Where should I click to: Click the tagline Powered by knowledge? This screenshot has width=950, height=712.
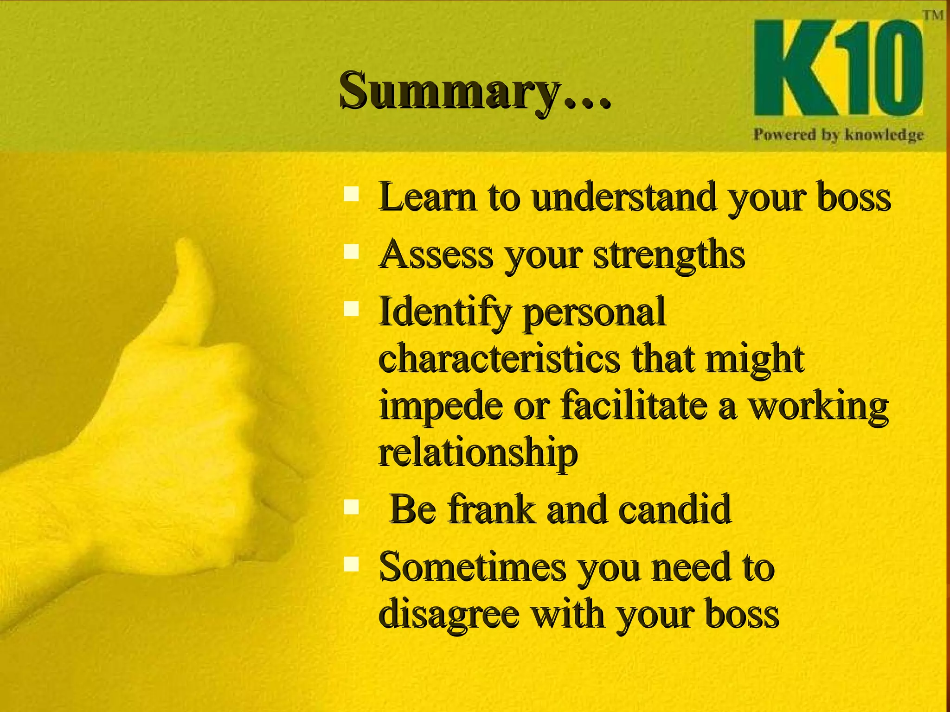(x=838, y=135)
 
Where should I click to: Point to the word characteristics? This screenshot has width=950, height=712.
(x=499, y=359)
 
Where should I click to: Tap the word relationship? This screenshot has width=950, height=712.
(x=478, y=453)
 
